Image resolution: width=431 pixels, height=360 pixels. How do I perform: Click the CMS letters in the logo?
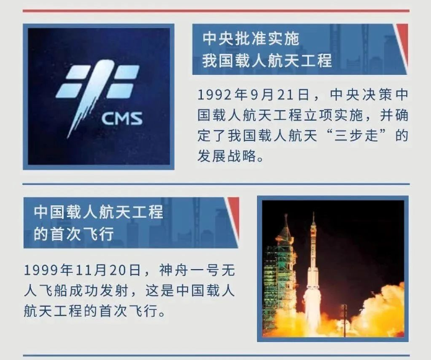pyautogui.click(x=122, y=118)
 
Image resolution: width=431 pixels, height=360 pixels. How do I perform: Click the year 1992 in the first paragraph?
pyautogui.click(x=214, y=95)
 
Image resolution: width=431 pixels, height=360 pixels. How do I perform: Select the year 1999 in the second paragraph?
pyautogui.click(x=41, y=270)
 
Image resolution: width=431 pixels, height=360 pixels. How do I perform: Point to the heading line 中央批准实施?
pyautogui.click(x=251, y=38)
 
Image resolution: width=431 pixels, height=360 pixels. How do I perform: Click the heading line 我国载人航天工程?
pyautogui.click(x=267, y=61)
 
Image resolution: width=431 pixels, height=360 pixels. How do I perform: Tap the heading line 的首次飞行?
pyautogui.click(x=74, y=234)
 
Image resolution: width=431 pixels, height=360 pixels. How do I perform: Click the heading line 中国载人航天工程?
pyautogui.click(x=98, y=212)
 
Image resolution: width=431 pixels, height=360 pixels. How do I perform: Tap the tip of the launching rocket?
pyautogui.click(x=313, y=212)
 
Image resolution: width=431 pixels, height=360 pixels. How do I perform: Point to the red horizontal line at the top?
pyautogui.click(x=216, y=11)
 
